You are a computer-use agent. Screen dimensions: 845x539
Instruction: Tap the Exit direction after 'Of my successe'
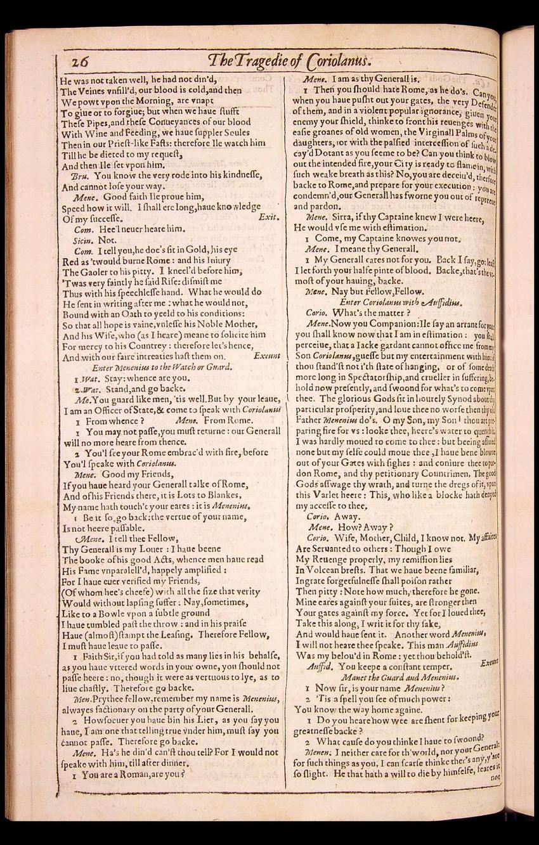pos(268,217)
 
